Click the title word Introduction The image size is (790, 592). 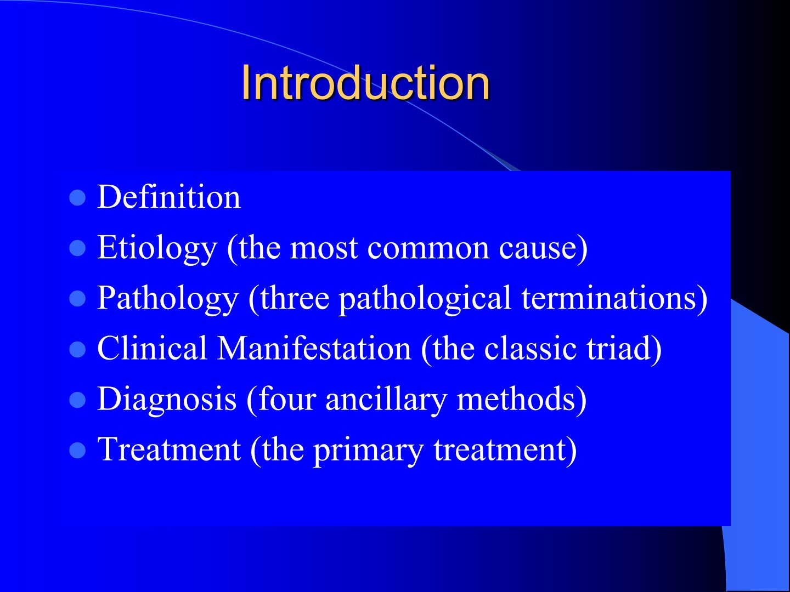(x=365, y=83)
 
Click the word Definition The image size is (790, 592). (x=169, y=197)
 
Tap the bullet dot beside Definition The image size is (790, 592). (x=77, y=197)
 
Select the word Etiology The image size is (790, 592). (x=157, y=248)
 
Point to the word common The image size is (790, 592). (x=428, y=249)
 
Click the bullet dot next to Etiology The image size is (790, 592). (x=77, y=248)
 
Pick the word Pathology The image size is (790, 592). (x=168, y=298)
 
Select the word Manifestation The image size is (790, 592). (x=314, y=348)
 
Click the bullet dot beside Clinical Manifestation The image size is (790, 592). (x=77, y=349)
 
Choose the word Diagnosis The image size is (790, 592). (x=167, y=399)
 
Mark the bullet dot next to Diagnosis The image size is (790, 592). (x=77, y=400)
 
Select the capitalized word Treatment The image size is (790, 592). (x=169, y=449)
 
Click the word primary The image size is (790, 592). (x=368, y=451)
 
